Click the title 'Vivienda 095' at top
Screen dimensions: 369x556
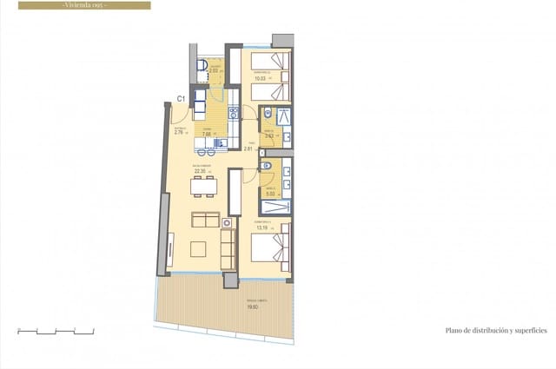(x=84, y=5)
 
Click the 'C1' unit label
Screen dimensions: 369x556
(x=181, y=99)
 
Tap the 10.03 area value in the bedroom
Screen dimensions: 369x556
(x=261, y=77)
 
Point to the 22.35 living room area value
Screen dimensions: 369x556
(x=201, y=171)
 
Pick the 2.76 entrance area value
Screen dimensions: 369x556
(x=179, y=133)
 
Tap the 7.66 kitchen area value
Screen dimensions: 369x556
(x=208, y=135)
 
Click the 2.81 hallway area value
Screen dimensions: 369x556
(x=248, y=148)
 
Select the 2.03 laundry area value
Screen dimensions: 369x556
(x=202, y=71)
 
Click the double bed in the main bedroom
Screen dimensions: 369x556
(x=270, y=252)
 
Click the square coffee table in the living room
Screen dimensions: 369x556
(x=197, y=248)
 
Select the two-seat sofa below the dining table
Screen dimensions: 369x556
(x=206, y=218)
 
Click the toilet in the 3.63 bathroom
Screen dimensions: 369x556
(x=268, y=114)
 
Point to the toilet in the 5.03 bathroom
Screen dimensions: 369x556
(x=268, y=166)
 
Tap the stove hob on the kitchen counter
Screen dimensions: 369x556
(x=233, y=113)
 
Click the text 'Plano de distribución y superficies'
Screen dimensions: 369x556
(x=495, y=331)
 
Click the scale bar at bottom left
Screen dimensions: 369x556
(x=56, y=331)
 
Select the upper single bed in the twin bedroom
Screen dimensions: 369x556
(x=270, y=61)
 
